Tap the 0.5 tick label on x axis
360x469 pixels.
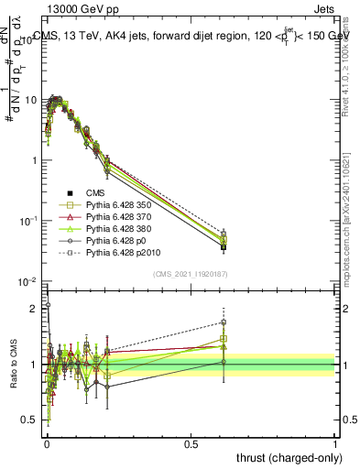191,442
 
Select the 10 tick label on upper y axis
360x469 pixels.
30,100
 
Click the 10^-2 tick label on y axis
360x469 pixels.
28,281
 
